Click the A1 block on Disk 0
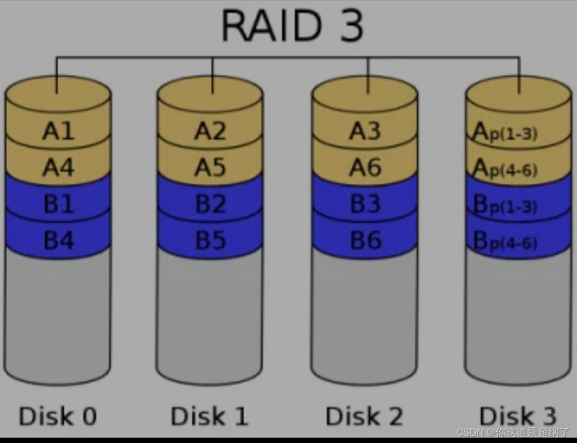[x=58, y=131]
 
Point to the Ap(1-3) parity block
[x=505, y=131]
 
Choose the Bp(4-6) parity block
[x=505, y=242]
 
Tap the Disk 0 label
[x=58, y=416]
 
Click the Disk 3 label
[x=518, y=416]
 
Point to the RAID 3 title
[x=292, y=25]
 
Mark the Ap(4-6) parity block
[x=505, y=169]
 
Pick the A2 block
[x=210, y=131]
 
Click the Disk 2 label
[x=364, y=416]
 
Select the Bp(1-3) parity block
[x=505, y=205]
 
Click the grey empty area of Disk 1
[x=210, y=315]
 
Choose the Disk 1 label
[x=209, y=416]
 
